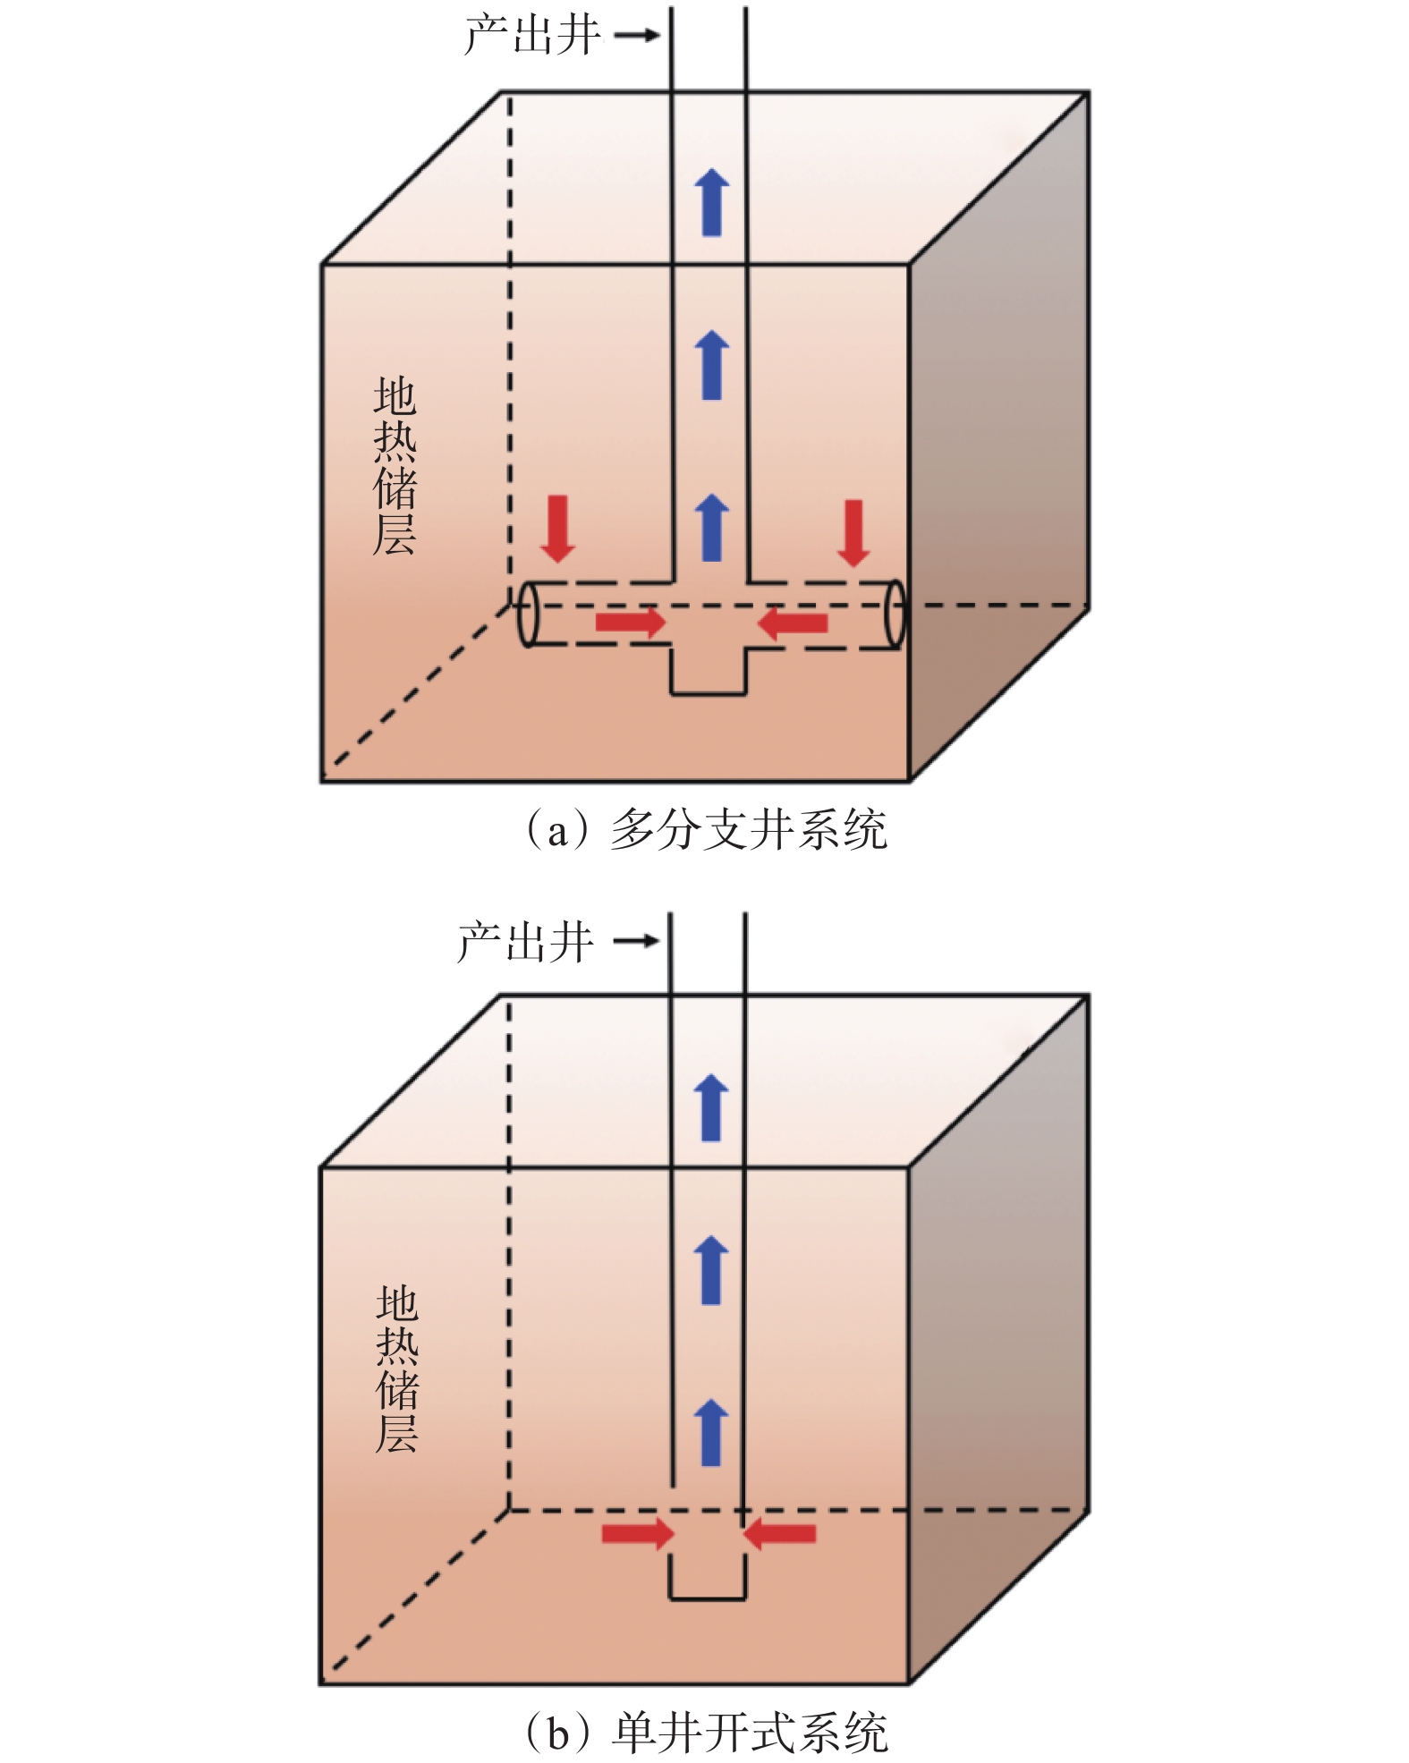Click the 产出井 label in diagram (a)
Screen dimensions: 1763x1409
pos(532,36)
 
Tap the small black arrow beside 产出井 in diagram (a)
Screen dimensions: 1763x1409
pos(636,36)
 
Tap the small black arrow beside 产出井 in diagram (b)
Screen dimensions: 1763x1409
pos(636,941)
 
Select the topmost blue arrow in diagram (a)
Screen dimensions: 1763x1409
pos(712,202)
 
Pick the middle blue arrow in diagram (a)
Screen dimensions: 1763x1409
pos(712,365)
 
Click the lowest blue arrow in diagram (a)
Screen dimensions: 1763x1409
pos(712,528)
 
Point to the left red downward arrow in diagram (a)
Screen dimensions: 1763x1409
pos(558,529)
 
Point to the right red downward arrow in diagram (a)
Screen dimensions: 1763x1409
pos(854,533)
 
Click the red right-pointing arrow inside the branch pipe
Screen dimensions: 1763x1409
pos(631,622)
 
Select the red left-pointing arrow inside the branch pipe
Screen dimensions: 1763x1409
pos(793,623)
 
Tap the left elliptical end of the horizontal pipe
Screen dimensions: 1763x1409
pos(529,614)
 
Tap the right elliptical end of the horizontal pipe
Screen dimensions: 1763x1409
pos(895,614)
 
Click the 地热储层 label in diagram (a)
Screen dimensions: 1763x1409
pos(395,466)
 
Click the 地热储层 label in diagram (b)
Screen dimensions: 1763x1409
pos(397,1369)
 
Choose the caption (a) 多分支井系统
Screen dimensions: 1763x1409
pos(705,830)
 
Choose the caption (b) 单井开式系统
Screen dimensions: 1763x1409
pos(705,1733)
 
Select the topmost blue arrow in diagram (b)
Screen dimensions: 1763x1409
pos(711,1108)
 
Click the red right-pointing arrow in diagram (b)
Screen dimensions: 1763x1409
pos(637,1534)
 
